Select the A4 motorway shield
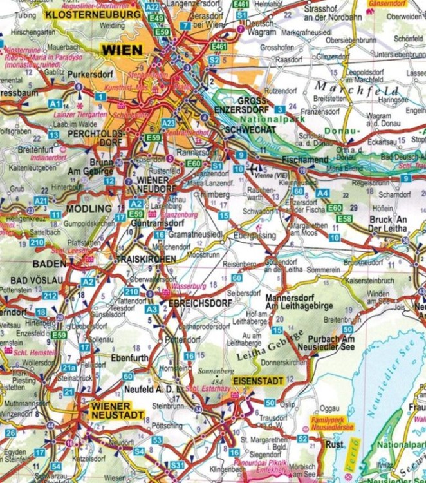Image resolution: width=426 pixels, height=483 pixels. (322, 193)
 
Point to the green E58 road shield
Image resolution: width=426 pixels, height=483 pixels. (344, 219)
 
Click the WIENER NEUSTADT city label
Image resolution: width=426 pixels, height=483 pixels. (111, 410)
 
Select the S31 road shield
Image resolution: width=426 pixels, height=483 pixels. (177, 465)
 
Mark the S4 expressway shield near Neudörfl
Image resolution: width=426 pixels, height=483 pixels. (139, 451)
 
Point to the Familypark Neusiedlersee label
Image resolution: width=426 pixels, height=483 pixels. (329, 422)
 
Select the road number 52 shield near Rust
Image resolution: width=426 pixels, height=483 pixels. (302, 439)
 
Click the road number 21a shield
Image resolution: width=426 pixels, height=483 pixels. (69, 367)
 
